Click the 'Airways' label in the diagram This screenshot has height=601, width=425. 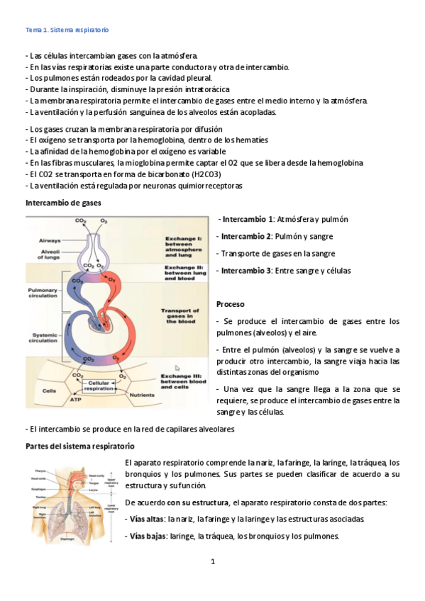49,240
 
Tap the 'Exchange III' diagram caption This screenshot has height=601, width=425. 183,381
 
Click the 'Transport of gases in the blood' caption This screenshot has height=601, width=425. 183,315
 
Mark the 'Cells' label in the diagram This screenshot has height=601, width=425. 50,391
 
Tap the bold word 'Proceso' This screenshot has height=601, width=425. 231,303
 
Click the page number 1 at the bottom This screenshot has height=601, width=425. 212,562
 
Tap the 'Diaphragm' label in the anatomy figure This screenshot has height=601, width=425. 68,539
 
